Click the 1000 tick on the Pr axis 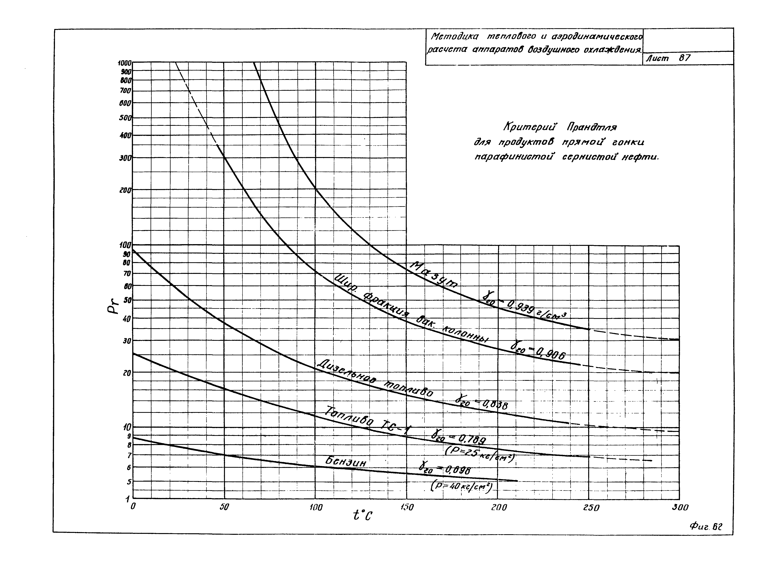(x=124, y=63)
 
